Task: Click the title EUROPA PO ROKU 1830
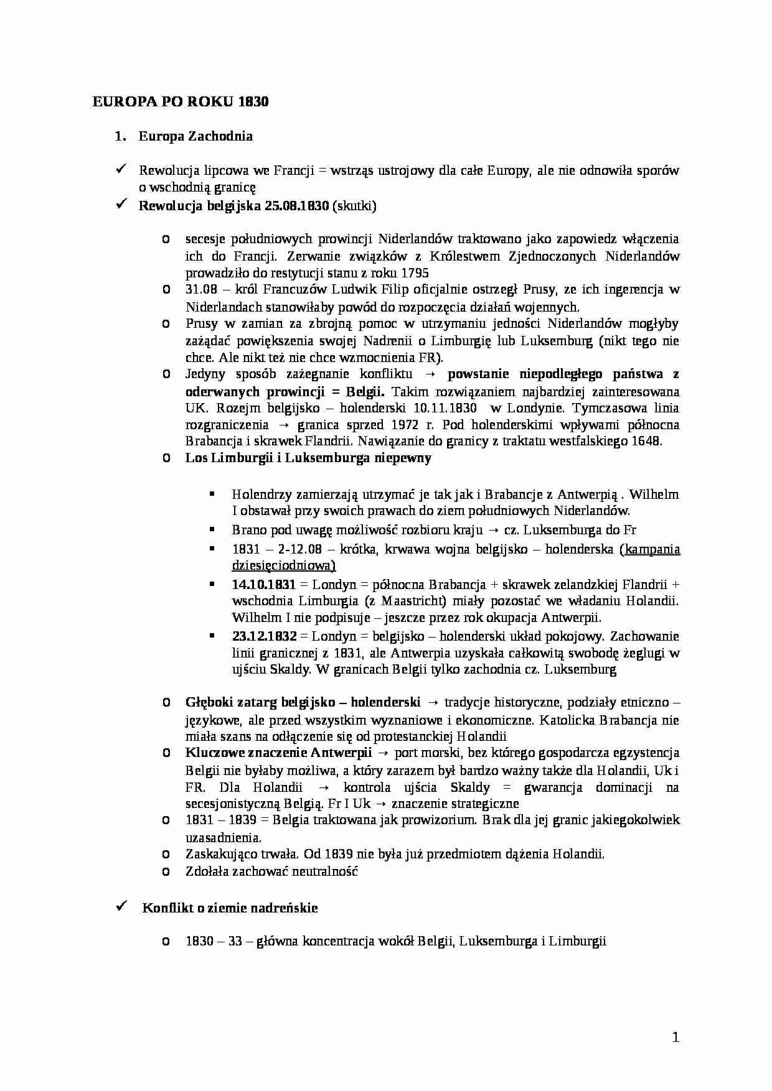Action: (181, 102)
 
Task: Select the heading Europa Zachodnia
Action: (195, 136)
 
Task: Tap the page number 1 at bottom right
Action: (675, 1037)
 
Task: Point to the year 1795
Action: (415, 273)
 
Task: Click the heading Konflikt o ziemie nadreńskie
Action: (230, 908)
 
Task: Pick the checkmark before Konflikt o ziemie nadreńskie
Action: (122, 907)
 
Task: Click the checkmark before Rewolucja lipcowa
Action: (122, 170)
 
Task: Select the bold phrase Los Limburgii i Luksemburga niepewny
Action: (308, 458)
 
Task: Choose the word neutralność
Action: (322, 871)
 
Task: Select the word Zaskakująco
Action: (217, 853)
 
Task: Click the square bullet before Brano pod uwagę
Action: (213, 529)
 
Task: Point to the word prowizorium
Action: (437, 820)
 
